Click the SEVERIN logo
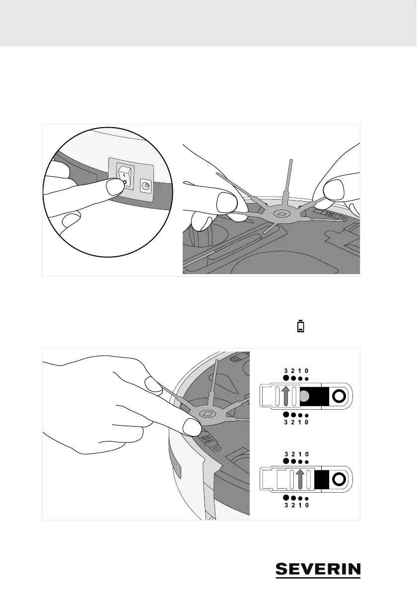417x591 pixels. [318, 570]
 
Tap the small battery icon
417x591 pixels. [300, 326]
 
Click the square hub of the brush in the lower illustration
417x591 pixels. [208, 413]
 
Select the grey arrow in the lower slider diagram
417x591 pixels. [299, 480]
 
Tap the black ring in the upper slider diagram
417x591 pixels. [339, 396]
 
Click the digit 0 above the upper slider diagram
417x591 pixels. [307, 370]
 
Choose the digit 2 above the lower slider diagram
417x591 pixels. [293, 454]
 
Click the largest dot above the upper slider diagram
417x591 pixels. [286, 378]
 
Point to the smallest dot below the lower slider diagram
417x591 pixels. [307, 499]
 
